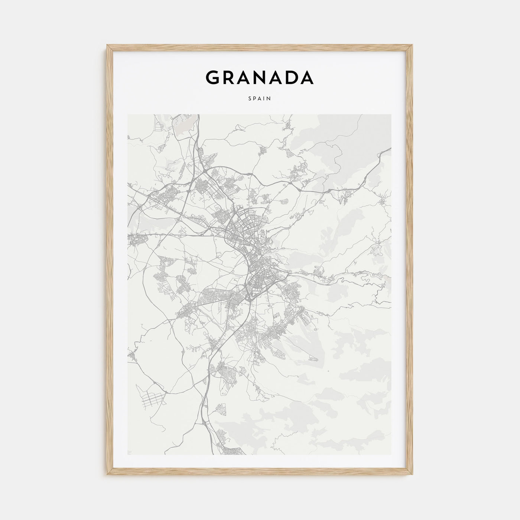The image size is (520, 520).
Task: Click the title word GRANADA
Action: coord(260,78)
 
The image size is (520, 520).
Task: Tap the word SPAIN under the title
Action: coord(260,99)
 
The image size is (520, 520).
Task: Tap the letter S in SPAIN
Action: coord(250,99)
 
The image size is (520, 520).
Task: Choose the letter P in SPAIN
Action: coord(255,99)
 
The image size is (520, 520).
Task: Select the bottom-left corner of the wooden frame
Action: coord(107,476)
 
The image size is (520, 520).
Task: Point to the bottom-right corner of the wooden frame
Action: coord(413,476)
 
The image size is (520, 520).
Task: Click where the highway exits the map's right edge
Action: coord(390,149)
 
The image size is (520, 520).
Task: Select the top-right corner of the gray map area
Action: coord(391,115)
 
